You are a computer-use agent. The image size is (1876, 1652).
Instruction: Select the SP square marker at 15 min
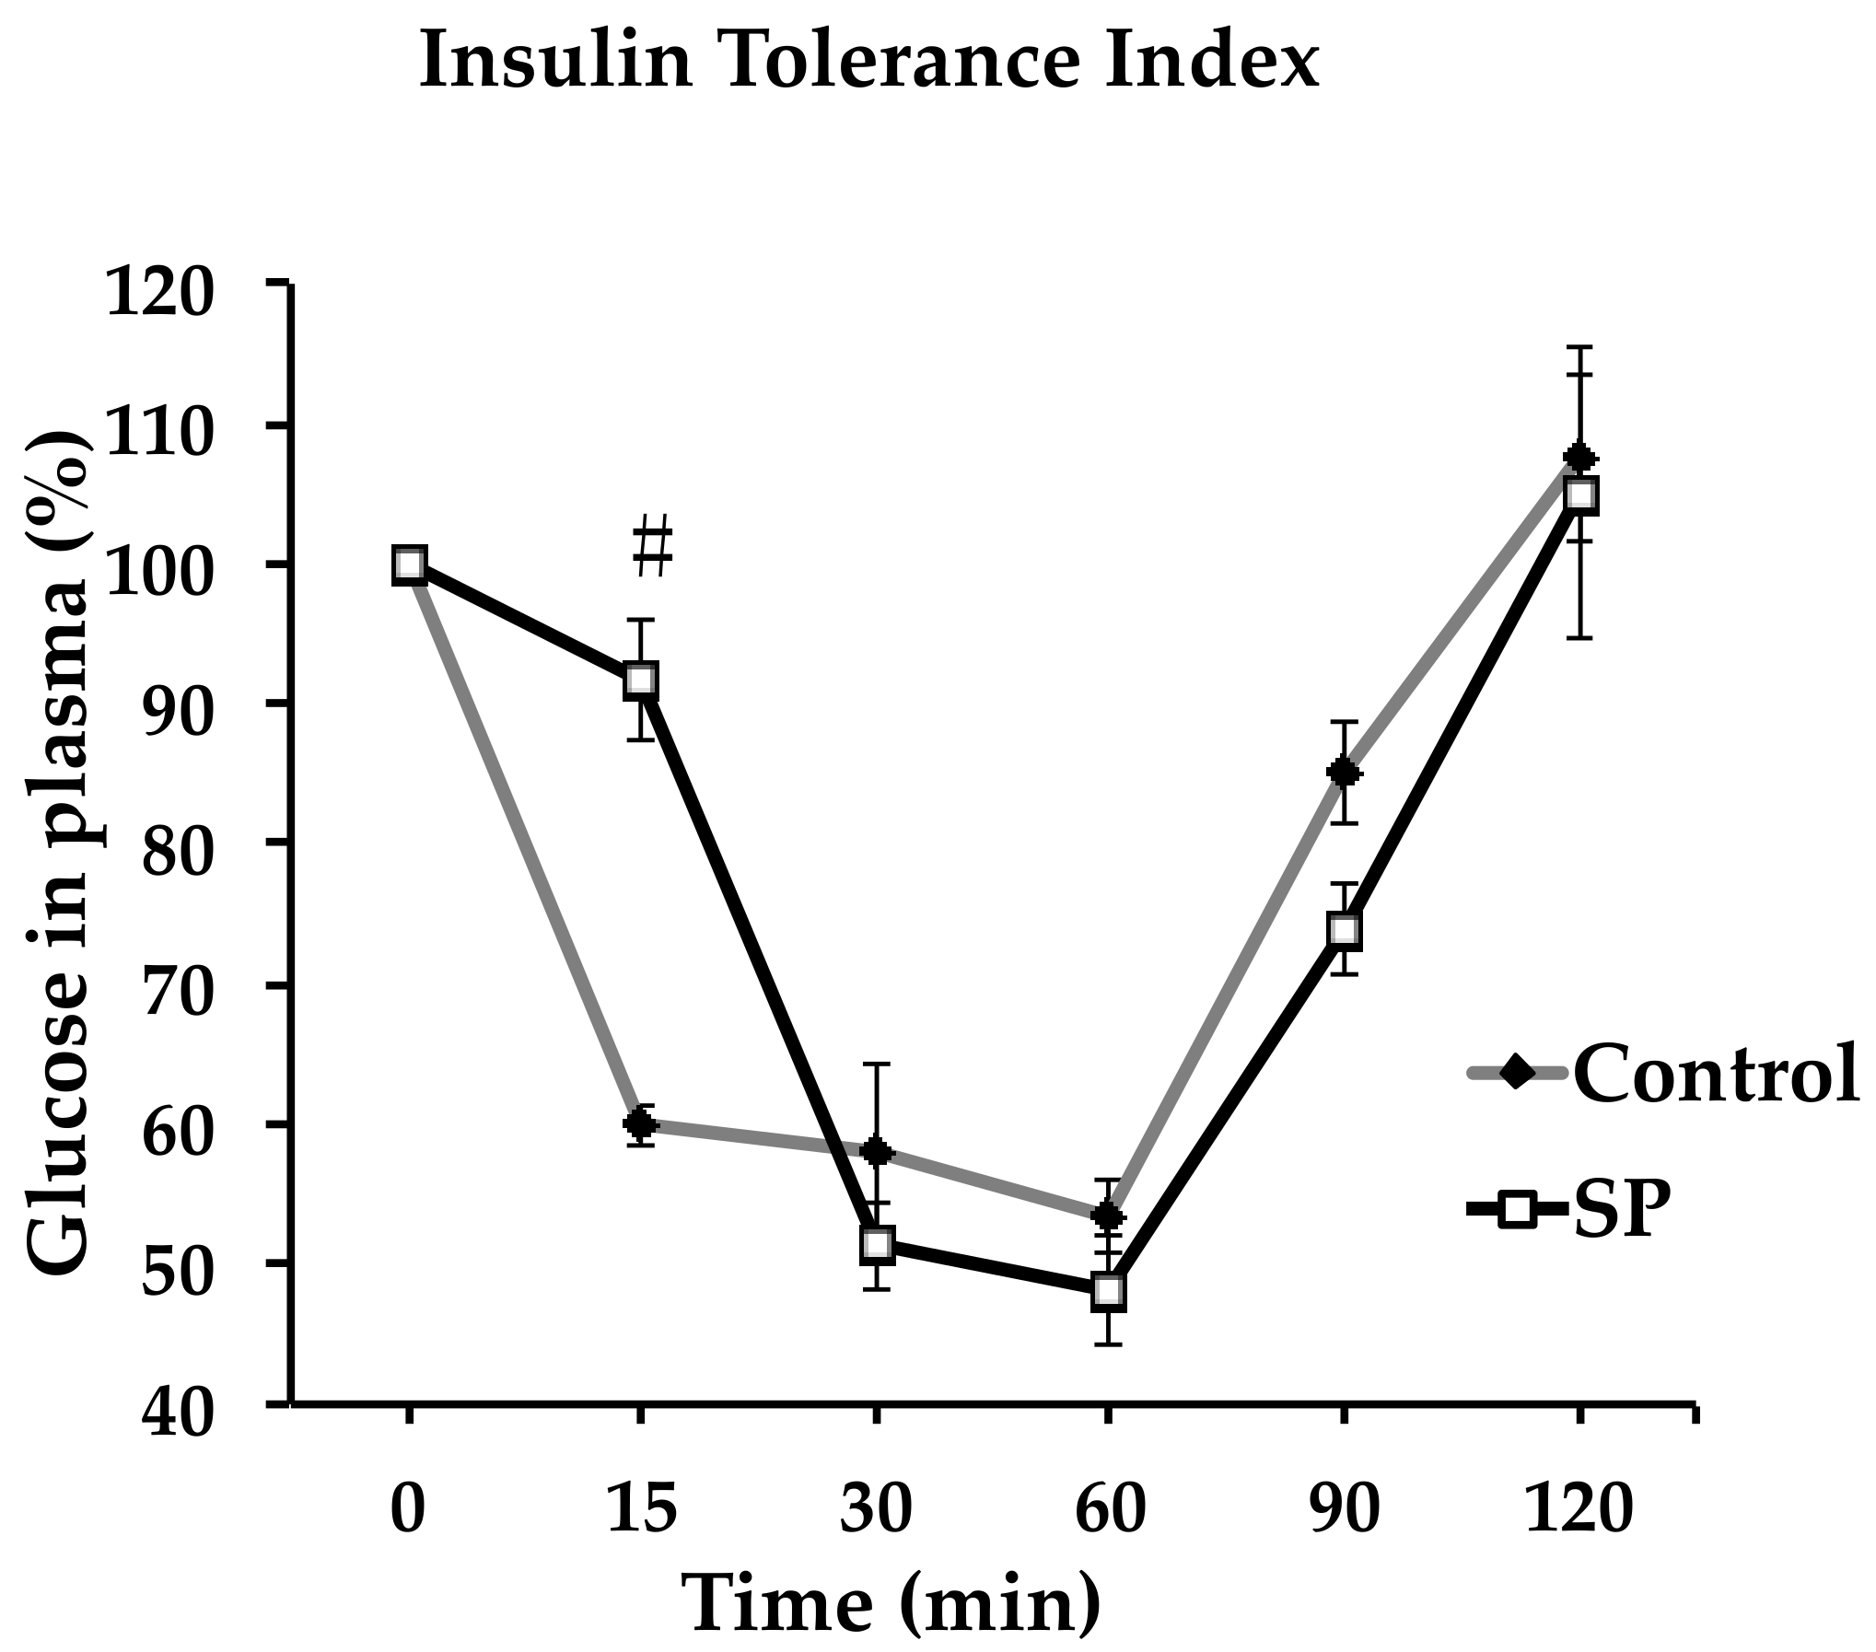pyautogui.click(x=641, y=681)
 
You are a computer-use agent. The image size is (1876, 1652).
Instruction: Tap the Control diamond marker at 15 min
pyautogui.click(x=641, y=1123)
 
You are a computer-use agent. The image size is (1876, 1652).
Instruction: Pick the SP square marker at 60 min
pyautogui.click(x=1109, y=1292)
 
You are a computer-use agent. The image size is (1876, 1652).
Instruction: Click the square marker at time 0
pyautogui.click(x=409, y=564)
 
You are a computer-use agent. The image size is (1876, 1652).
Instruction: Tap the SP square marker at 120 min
pyautogui.click(x=1580, y=494)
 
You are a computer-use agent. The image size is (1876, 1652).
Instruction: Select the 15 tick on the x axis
pyautogui.click(x=641, y=1510)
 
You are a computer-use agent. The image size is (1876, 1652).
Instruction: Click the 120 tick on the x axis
pyautogui.click(x=1580, y=1510)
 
